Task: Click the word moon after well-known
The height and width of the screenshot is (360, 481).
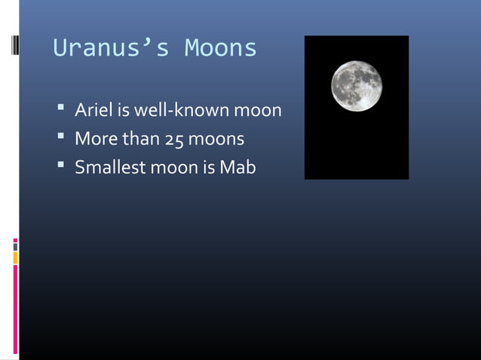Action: click(x=256, y=111)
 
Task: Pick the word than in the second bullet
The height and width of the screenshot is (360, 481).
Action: click(x=137, y=139)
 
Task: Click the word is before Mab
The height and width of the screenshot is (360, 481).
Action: click(x=207, y=167)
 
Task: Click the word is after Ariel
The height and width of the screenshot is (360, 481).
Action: click(x=121, y=111)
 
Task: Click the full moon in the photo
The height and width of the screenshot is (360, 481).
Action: click(x=357, y=85)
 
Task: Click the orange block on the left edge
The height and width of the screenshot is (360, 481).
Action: click(x=15, y=258)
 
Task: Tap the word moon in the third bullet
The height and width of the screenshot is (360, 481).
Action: click(x=173, y=167)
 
